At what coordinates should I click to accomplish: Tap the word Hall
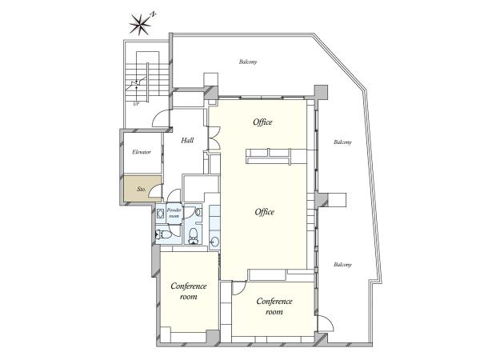(187, 141)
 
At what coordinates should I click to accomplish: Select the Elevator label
(142, 152)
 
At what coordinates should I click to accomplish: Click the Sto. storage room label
(141, 189)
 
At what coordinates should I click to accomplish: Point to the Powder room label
(174, 213)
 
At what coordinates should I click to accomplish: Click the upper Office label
(262, 122)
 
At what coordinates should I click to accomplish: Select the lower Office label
(265, 212)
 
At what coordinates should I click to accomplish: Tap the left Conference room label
(189, 291)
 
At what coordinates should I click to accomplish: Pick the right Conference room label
(274, 306)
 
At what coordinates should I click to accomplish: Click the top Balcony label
(248, 62)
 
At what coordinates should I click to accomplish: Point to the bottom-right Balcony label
(342, 265)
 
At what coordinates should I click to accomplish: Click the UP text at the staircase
(136, 104)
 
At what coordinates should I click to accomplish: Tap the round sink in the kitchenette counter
(214, 242)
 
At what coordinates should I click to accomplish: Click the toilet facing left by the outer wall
(161, 234)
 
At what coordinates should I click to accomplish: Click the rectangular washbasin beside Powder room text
(161, 213)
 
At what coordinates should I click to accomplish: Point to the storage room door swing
(155, 190)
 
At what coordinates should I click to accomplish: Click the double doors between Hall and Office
(214, 138)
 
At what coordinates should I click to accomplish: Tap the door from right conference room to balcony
(325, 323)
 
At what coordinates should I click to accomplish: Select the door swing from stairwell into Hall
(161, 118)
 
